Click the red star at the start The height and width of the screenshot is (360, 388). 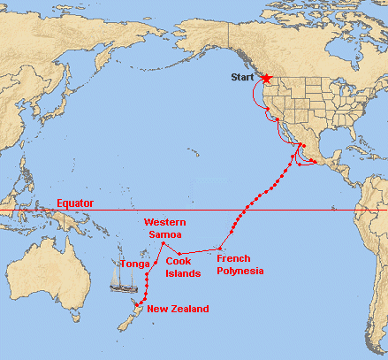(267, 79)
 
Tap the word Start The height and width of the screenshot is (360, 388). (241, 78)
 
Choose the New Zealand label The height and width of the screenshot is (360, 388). (178, 309)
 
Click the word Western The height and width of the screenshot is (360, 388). (164, 222)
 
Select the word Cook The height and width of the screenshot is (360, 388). (179, 261)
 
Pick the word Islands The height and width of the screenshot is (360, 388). (182, 272)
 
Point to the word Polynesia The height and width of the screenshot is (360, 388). (240, 271)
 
